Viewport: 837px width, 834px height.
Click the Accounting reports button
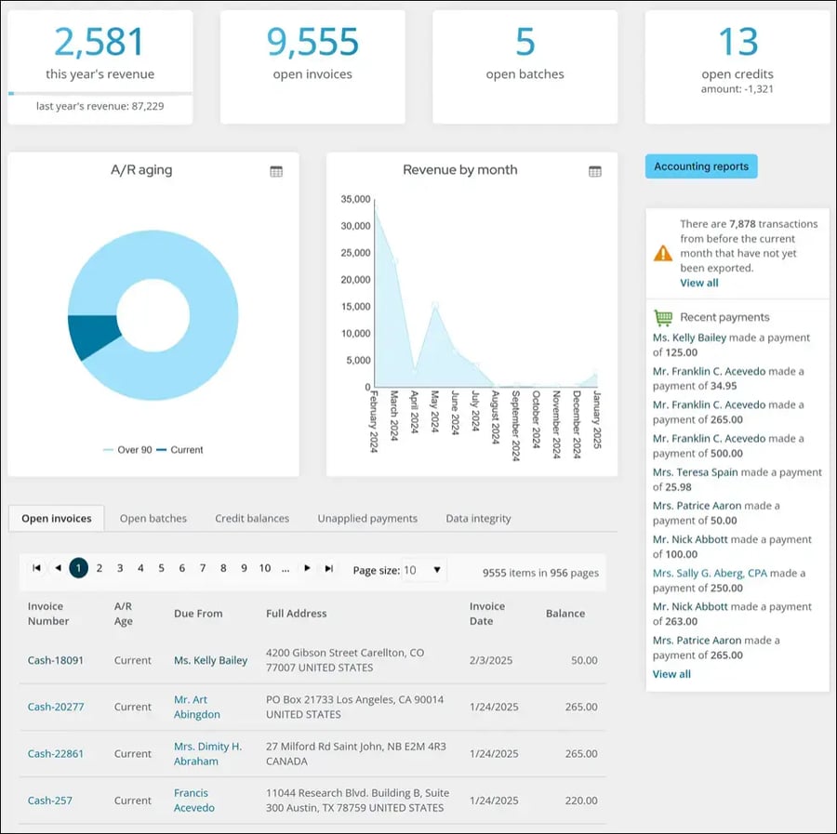(701, 166)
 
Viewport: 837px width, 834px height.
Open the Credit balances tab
(252, 519)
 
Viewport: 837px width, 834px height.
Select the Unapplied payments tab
(367, 519)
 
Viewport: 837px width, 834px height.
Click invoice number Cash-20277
(56, 707)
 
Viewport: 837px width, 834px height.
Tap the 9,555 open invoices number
(312, 43)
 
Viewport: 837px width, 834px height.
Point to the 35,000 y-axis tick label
(355, 199)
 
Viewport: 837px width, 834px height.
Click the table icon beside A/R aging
(276, 171)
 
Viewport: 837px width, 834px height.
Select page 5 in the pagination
(161, 568)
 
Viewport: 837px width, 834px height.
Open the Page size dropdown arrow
(437, 570)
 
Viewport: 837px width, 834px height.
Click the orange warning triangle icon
(662, 253)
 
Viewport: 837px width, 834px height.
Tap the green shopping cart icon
(662, 317)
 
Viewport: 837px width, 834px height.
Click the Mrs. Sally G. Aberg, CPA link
(710, 574)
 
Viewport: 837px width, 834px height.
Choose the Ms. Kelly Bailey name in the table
(211, 660)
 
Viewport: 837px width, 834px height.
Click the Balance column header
(565, 614)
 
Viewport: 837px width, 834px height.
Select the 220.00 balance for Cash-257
(581, 801)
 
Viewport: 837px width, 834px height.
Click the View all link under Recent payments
(671, 674)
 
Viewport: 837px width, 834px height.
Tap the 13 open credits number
(737, 43)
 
